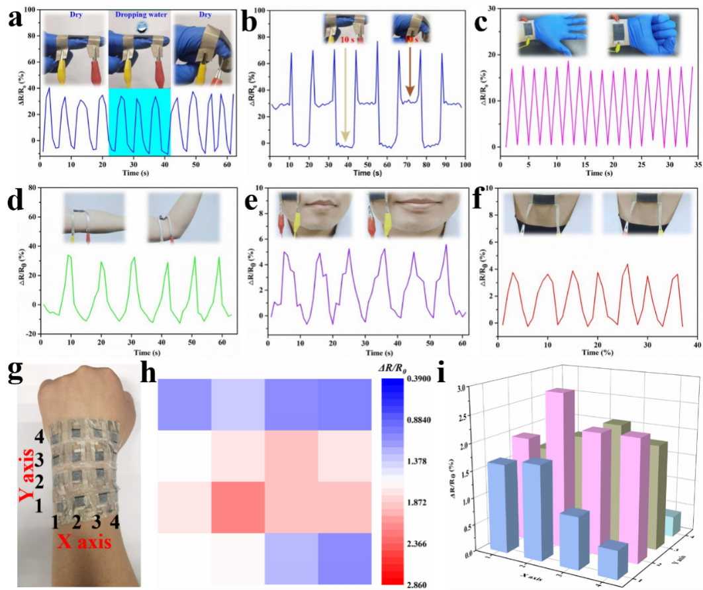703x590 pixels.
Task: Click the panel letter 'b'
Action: coord(250,25)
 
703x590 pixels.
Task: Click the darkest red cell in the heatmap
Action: coord(238,507)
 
